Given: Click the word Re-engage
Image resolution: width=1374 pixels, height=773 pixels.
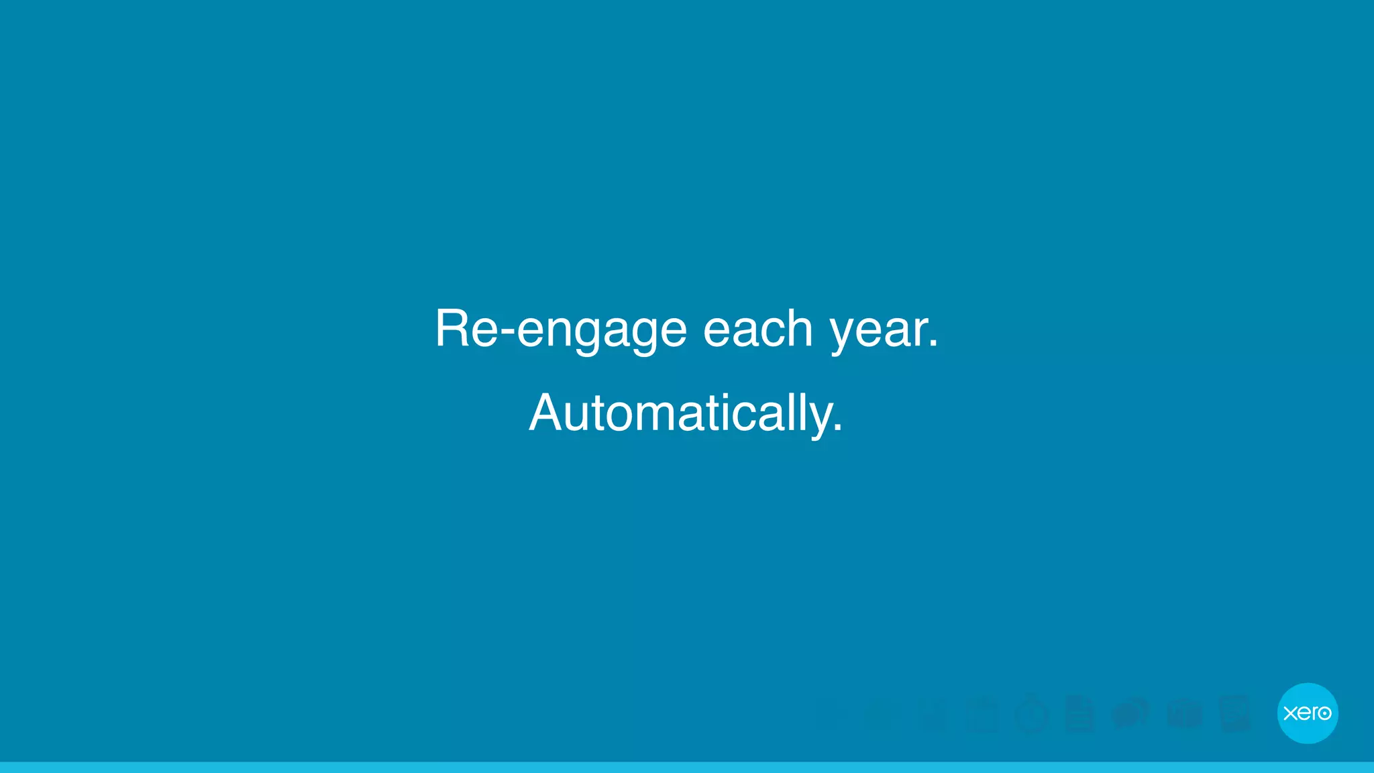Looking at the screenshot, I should [561, 329].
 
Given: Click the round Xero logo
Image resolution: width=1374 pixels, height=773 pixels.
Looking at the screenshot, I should [1308, 713].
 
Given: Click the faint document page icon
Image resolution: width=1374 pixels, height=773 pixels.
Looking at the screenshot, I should [1080, 714].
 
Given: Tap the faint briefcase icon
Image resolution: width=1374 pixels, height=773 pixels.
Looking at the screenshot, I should [1184, 714].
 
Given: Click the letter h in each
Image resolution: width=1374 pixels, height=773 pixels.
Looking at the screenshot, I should [800, 329].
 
